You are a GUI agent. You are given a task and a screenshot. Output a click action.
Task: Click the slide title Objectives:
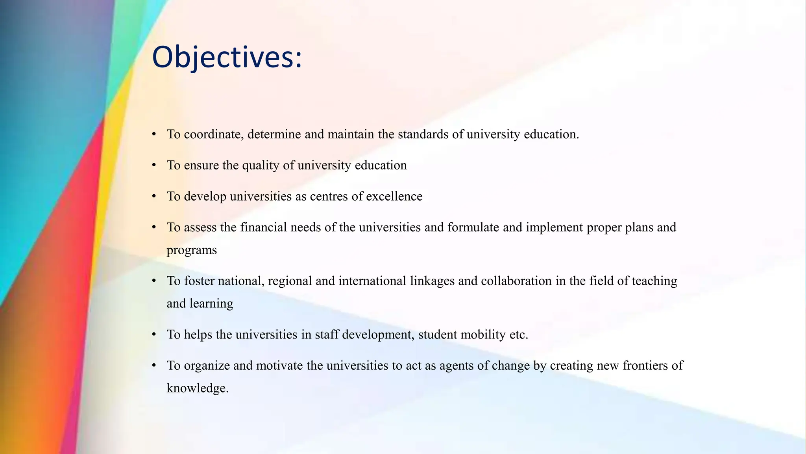[x=227, y=58]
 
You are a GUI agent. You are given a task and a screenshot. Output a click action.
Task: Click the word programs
[x=192, y=250]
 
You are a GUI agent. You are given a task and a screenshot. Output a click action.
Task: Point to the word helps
[x=198, y=335]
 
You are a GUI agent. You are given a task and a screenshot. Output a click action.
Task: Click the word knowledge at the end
[x=197, y=388]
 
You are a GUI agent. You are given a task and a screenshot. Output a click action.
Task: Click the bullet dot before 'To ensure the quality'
[x=154, y=165]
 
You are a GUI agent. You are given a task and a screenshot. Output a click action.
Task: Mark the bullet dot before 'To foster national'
[x=154, y=281]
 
